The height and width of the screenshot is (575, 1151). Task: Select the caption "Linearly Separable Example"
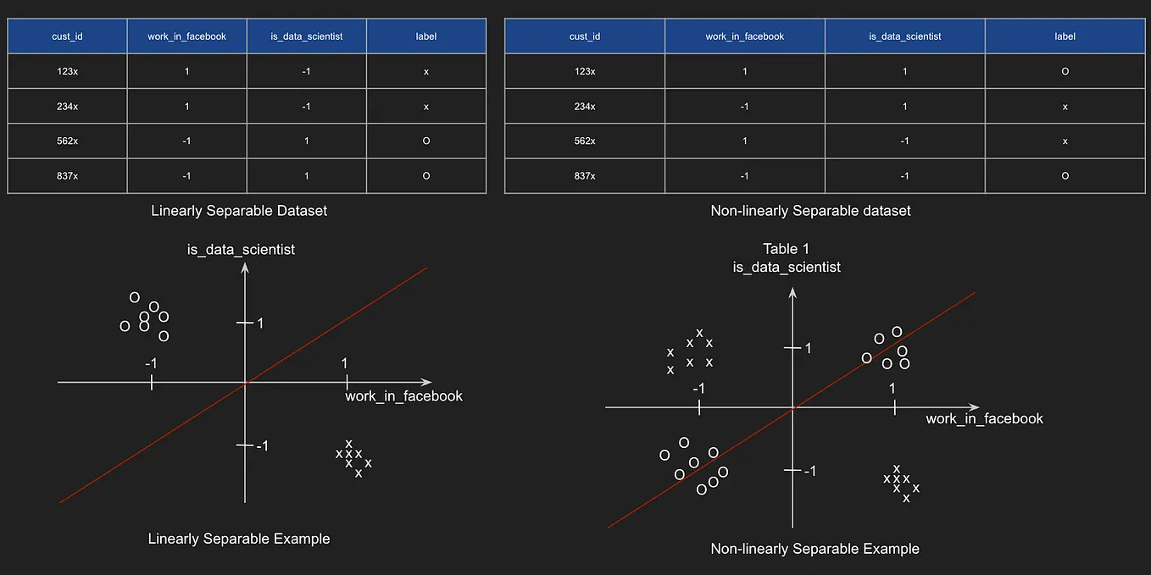(239, 539)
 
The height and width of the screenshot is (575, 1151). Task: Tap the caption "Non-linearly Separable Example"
(815, 549)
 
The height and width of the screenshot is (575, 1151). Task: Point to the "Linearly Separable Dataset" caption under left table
(239, 210)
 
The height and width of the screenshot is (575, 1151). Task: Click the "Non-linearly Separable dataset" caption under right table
(810, 210)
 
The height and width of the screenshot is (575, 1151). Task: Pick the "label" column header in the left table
(426, 36)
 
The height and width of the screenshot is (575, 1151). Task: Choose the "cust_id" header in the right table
(585, 36)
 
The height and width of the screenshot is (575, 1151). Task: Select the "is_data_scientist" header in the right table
(905, 36)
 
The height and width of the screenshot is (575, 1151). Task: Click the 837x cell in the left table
(67, 176)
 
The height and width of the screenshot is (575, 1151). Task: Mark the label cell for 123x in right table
(1065, 71)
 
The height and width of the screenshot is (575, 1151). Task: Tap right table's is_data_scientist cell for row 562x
(905, 141)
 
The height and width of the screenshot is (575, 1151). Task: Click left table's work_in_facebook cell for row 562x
(186, 141)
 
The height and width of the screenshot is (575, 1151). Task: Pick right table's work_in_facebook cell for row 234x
(745, 107)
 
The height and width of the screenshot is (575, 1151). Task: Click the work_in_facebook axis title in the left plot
(403, 396)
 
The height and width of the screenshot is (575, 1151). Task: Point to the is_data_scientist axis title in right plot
(787, 267)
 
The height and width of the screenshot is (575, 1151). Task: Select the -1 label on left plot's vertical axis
(262, 445)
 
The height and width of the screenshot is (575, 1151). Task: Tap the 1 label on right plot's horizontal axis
(892, 388)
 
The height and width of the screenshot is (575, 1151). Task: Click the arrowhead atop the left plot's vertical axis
(245, 268)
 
